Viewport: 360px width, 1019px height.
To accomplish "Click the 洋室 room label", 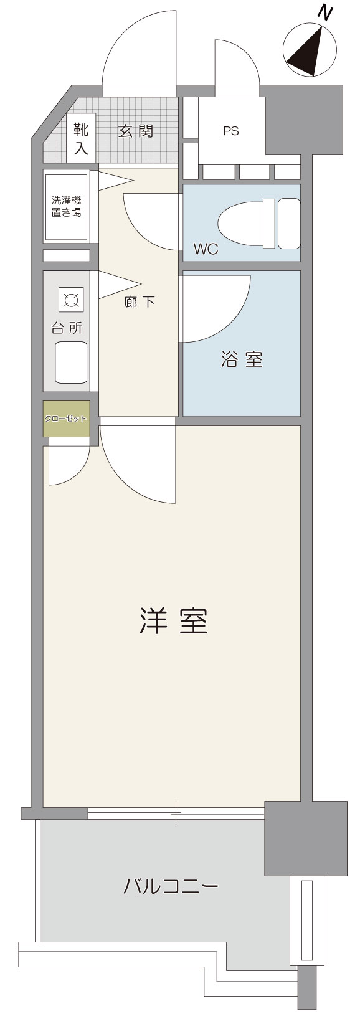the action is [x=173, y=620].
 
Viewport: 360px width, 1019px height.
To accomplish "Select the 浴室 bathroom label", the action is [x=242, y=359].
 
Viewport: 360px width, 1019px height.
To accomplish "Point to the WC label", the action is [x=206, y=249].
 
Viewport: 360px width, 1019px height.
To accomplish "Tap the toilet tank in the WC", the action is [x=289, y=224].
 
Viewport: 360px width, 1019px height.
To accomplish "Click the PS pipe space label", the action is [x=230, y=131].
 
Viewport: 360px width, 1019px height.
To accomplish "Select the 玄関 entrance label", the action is [x=136, y=131].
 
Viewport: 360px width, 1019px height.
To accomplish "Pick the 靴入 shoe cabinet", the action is [x=81, y=138].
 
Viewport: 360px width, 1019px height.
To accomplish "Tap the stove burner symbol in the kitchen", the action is [x=72, y=300].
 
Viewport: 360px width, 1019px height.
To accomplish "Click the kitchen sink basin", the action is [x=71, y=362].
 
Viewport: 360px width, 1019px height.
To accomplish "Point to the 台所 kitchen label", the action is [x=67, y=328].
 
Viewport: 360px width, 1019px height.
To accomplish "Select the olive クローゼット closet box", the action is [x=67, y=419].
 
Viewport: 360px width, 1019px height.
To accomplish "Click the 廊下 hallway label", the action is [x=140, y=302].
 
